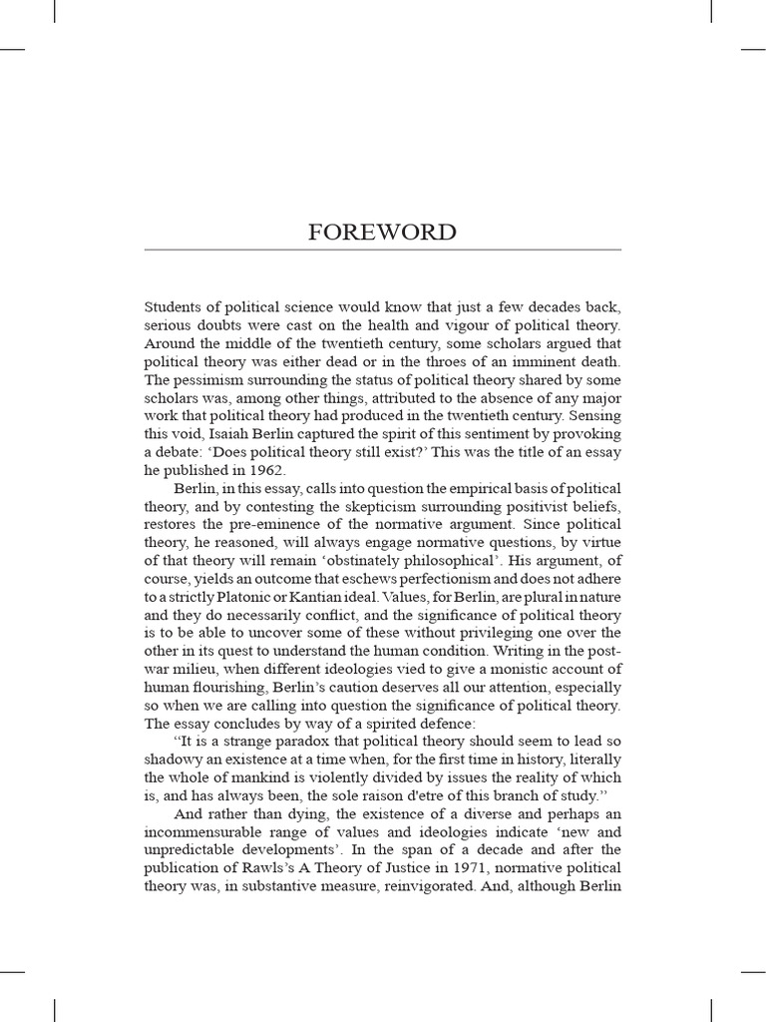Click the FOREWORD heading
(383, 233)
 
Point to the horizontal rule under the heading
(383, 250)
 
